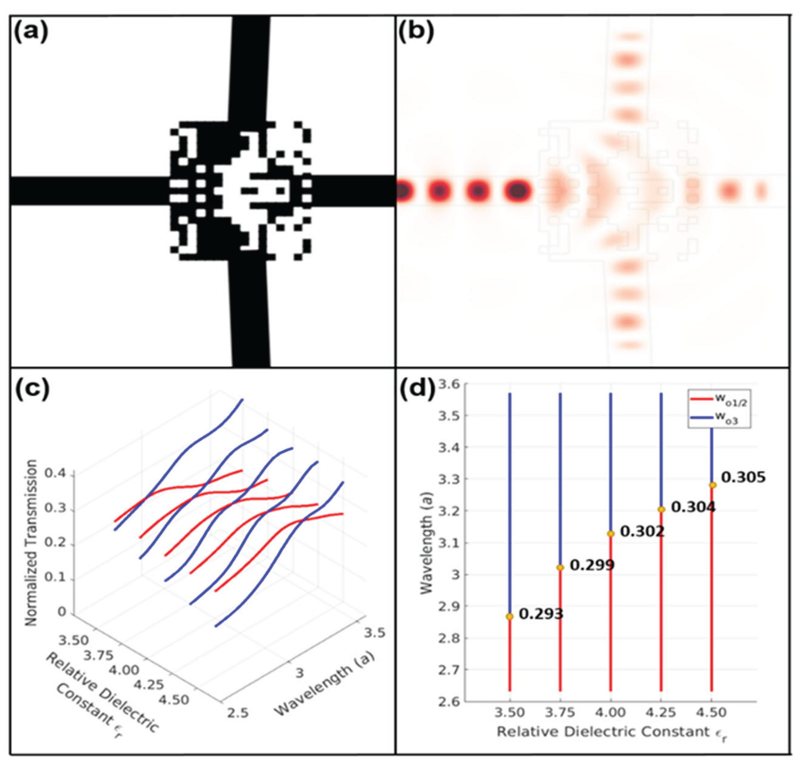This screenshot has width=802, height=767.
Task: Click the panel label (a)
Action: click(x=31, y=32)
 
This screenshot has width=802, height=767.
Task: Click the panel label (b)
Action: click(x=416, y=32)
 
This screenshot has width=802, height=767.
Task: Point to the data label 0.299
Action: click(x=592, y=565)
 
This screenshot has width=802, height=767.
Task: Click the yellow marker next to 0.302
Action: click(x=611, y=534)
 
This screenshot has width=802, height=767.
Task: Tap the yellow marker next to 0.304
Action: click(x=661, y=509)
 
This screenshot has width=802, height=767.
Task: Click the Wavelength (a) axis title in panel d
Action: click(x=426, y=543)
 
